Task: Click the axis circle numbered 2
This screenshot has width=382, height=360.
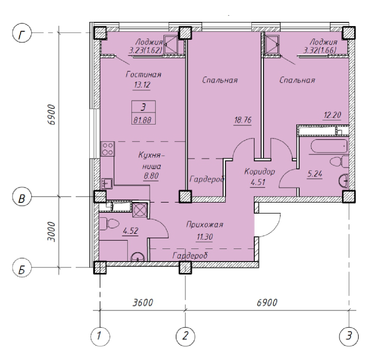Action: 185,336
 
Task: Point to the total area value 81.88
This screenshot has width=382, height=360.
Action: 143,120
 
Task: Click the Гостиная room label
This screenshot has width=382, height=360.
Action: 144,74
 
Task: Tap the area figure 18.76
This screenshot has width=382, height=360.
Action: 243,120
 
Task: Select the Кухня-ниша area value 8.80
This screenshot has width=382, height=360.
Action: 151,176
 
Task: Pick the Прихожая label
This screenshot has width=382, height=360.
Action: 205,225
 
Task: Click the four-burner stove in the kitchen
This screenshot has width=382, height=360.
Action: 108,149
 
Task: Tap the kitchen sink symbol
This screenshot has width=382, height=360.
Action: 107,183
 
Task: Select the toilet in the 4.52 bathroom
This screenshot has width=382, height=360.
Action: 109,223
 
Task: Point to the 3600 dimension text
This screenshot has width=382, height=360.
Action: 143,302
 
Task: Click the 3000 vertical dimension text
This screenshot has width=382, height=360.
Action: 51,231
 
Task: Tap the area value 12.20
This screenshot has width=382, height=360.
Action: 332,115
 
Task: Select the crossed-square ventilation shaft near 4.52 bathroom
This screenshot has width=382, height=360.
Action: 139,209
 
